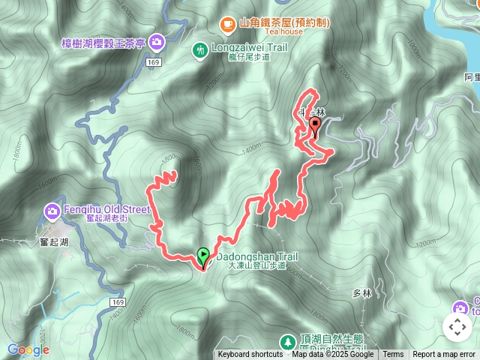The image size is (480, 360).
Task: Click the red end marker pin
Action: click(315, 125)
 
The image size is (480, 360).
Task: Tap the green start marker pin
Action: click(202, 256)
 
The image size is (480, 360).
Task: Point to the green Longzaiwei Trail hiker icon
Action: click(199, 51)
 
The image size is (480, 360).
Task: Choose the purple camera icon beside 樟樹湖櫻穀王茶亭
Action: click(157, 40)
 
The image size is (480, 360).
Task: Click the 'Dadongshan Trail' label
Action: click(256, 256)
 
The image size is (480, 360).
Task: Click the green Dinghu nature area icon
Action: click(286, 342)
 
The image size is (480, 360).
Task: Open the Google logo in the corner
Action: click(28, 349)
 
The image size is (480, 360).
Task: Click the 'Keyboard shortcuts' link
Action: click(250, 355)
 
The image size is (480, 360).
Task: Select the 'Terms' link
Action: click(393, 355)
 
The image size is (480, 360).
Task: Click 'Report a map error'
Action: click(444, 355)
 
